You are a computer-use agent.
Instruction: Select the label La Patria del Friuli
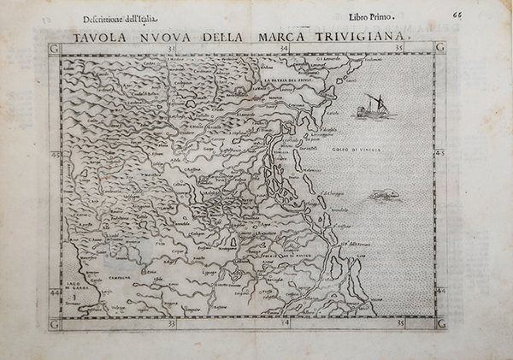point(288,82)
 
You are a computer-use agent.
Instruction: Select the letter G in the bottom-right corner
point(440,324)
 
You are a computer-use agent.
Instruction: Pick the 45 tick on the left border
point(56,155)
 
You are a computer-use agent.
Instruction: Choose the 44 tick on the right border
point(440,291)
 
